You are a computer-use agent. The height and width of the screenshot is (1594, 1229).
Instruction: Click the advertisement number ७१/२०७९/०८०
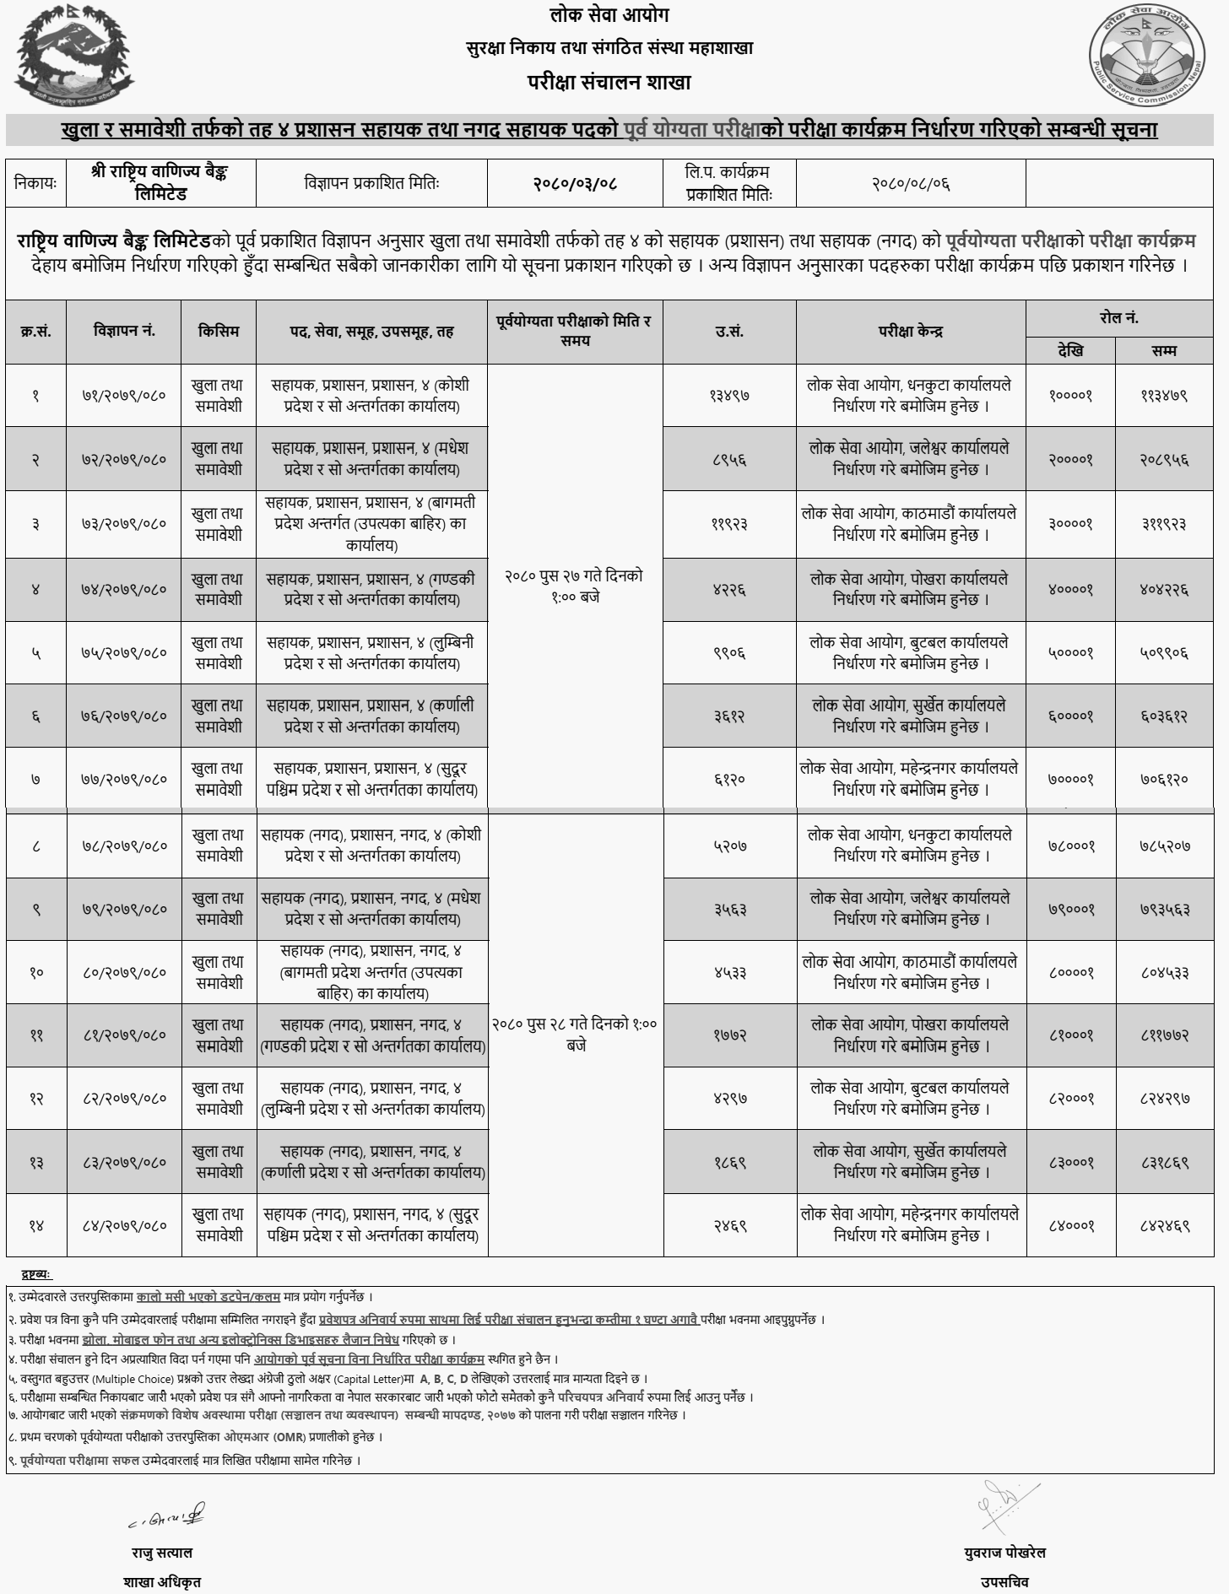pyautogui.click(x=124, y=395)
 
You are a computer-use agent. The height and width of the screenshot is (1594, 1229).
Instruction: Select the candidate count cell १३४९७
pyautogui.click(x=729, y=395)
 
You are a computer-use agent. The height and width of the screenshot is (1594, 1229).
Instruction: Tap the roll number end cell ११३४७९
pyautogui.click(x=1164, y=395)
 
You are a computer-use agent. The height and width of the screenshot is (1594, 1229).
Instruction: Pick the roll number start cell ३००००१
pyautogui.click(x=1070, y=523)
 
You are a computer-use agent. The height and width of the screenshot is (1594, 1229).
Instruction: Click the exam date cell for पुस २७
pyautogui.click(x=574, y=586)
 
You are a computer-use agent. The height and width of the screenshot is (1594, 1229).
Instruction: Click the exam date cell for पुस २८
pyautogui.click(x=574, y=1035)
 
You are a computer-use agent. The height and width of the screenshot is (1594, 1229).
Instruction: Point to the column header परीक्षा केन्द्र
pyautogui.click(x=911, y=332)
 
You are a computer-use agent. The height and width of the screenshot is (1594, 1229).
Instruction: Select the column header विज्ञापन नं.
pyautogui.click(x=124, y=332)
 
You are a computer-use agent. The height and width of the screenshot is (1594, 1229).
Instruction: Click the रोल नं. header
pyautogui.click(x=1119, y=318)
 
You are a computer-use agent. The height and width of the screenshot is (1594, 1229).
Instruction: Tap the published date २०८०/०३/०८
pyautogui.click(x=574, y=183)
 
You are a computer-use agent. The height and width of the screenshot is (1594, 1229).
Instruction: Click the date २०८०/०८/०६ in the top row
pyautogui.click(x=911, y=183)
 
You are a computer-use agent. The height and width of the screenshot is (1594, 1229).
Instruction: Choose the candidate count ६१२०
pyautogui.click(x=729, y=779)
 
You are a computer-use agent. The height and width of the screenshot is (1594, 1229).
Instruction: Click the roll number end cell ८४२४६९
pyautogui.click(x=1164, y=1225)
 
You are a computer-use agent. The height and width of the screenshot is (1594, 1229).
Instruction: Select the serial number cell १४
pyautogui.click(x=36, y=1225)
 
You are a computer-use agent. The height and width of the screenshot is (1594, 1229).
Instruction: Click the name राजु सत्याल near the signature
pyautogui.click(x=161, y=1553)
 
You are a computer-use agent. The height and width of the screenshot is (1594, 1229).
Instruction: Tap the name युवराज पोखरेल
pyautogui.click(x=1004, y=1553)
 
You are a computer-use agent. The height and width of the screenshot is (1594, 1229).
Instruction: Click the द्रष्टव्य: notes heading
pyautogui.click(x=36, y=1273)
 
